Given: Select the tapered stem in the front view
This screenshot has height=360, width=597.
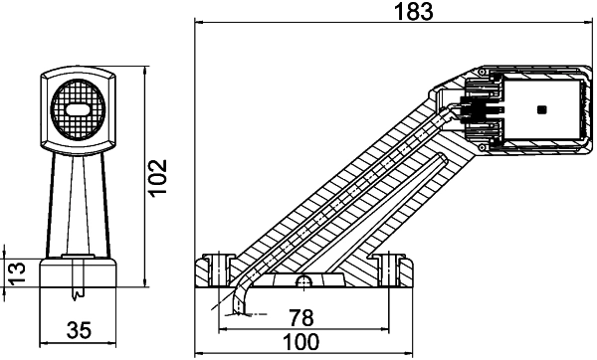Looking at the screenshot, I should [77, 204].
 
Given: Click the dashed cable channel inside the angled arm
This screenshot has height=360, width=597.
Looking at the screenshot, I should [348, 189].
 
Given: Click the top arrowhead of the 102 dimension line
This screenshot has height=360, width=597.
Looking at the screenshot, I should [145, 72].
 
